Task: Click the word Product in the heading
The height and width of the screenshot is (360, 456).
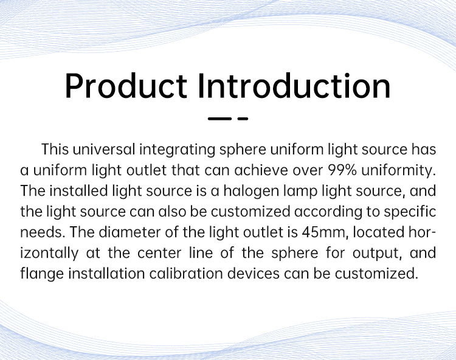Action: (x=126, y=86)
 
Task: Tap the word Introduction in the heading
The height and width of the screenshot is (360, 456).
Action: (x=294, y=86)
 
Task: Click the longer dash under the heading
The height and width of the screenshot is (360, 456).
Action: (x=219, y=119)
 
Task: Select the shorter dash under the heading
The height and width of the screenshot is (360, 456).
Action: (x=243, y=119)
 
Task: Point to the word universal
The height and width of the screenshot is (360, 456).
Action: (x=104, y=149)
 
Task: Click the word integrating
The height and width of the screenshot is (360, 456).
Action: (x=177, y=150)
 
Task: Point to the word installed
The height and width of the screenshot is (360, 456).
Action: (x=78, y=191)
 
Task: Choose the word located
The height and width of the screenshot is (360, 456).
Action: (x=378, y=232)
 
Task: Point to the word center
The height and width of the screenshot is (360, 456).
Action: (x=159, y=254)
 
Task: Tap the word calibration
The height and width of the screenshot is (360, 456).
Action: (x=186, y=274)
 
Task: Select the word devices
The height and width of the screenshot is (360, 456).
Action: (x=254, y=274)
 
